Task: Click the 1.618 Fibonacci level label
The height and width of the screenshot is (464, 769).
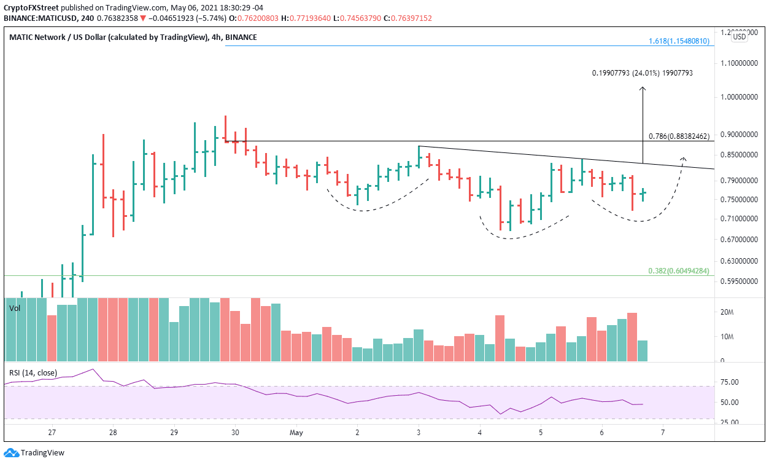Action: [679, 41]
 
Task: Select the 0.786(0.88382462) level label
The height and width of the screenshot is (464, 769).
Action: [679, 136]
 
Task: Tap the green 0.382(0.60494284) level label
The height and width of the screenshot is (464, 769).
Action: [679, 271]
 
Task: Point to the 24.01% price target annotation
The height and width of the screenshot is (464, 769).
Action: [643, 73]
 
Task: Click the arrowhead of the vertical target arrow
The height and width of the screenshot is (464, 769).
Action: [643, 89]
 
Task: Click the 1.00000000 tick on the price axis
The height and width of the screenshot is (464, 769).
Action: [739, 97]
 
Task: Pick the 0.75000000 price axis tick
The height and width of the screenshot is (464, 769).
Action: [739, 200]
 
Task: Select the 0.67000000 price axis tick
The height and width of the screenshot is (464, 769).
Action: [739, 240]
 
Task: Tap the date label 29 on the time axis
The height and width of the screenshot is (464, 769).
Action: [174, 432]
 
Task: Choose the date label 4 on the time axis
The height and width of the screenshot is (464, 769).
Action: [480, 432]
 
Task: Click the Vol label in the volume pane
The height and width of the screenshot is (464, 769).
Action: [15, 309]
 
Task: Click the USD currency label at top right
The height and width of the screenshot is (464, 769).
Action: [739, 37]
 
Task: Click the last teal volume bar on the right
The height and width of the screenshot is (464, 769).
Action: [643, 350]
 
